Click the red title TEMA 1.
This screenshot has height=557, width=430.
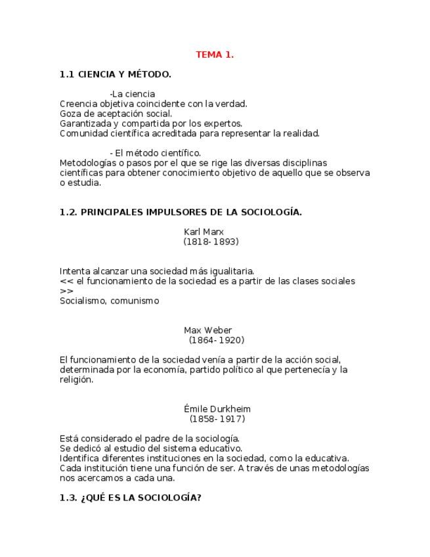tap(215, 55)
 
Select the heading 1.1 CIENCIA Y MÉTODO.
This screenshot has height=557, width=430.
tap(116, 75)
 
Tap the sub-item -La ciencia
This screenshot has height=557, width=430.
tap(133, 94)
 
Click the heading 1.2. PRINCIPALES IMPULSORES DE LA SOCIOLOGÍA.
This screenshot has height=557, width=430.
tap(181, 212)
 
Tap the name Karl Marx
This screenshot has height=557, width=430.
tap(204, 232)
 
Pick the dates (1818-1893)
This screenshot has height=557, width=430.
tap(211, 242)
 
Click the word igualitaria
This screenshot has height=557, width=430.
tap(230, 271)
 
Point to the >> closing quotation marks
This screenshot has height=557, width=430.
tap(66, 291)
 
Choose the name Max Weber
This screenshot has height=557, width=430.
tap(207, 330)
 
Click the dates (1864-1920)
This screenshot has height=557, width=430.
tap(216, 340)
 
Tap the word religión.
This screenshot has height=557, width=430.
tap(75, 380)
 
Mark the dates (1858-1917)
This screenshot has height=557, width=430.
tap(217, 419)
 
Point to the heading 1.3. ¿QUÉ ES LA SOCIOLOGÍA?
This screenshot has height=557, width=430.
tap(131, 498)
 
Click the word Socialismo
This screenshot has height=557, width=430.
tap(82, 301)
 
